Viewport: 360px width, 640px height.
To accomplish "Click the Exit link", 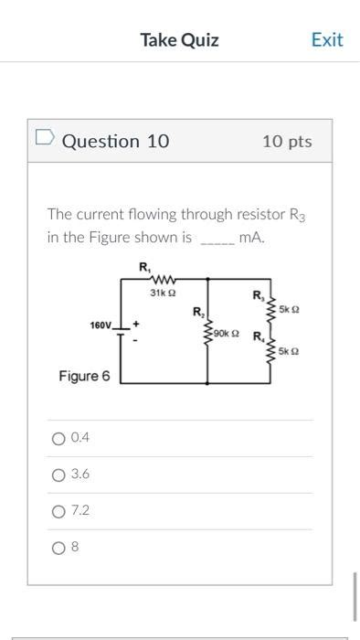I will (326, 39).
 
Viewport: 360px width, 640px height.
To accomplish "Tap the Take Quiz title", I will (179, 39).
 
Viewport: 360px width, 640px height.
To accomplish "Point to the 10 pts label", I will (286, 141).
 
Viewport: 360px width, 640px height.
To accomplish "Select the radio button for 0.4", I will (58, 438).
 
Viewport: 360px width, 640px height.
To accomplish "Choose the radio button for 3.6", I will (58, 475).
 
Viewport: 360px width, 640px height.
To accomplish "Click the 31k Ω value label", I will (162, 293).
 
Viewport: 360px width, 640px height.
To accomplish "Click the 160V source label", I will (101, 325).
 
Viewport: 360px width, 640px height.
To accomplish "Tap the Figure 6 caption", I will (84, 376).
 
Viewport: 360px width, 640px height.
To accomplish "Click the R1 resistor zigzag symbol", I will (162, 281).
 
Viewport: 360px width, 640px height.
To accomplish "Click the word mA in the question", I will (249, 238).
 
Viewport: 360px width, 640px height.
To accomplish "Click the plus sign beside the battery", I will (136, 323).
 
